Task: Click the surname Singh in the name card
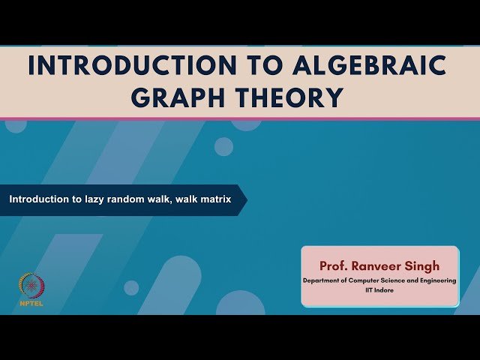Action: click(x=426, y=265)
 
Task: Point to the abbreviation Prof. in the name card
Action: click(x=334, y=265)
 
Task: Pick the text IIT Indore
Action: click(x=379, y=289)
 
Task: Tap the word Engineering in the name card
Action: click(x=436, y=280)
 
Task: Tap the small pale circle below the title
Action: click(x=223, y=146)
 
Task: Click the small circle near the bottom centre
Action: click(x=131, y=287)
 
